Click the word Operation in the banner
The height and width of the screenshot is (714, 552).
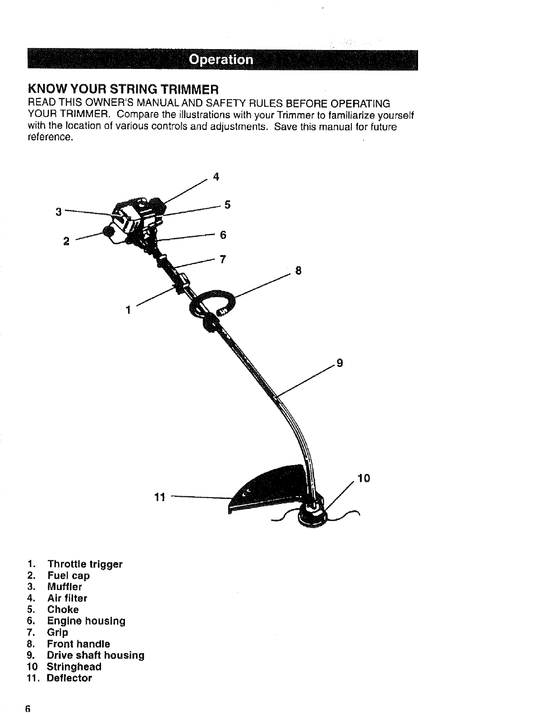tap(221, 60)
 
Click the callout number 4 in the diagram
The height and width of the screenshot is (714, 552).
tap(216, 177)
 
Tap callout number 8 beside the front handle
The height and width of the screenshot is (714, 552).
tap(298, 271)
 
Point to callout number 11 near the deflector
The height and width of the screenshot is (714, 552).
tap(159, 498)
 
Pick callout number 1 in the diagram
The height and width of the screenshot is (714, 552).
tap(129, 310)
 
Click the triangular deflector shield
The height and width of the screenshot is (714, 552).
tap(271, 489)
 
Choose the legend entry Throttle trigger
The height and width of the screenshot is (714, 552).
tap(85, 564)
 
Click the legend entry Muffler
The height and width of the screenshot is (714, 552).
tap(65, 587)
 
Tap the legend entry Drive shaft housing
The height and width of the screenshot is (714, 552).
tap(96, 655)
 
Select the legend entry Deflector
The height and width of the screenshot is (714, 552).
tap(69, 678)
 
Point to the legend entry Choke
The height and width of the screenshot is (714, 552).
tap(63, 609)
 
